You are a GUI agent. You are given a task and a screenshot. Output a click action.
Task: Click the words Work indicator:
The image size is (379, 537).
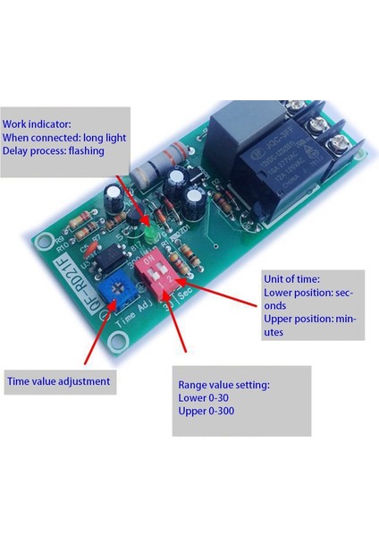tap(38, 124)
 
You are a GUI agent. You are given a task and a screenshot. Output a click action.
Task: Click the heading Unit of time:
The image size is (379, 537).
tap(291, 278)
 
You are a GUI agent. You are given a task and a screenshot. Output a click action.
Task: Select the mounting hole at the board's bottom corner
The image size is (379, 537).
tap(117, 342)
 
